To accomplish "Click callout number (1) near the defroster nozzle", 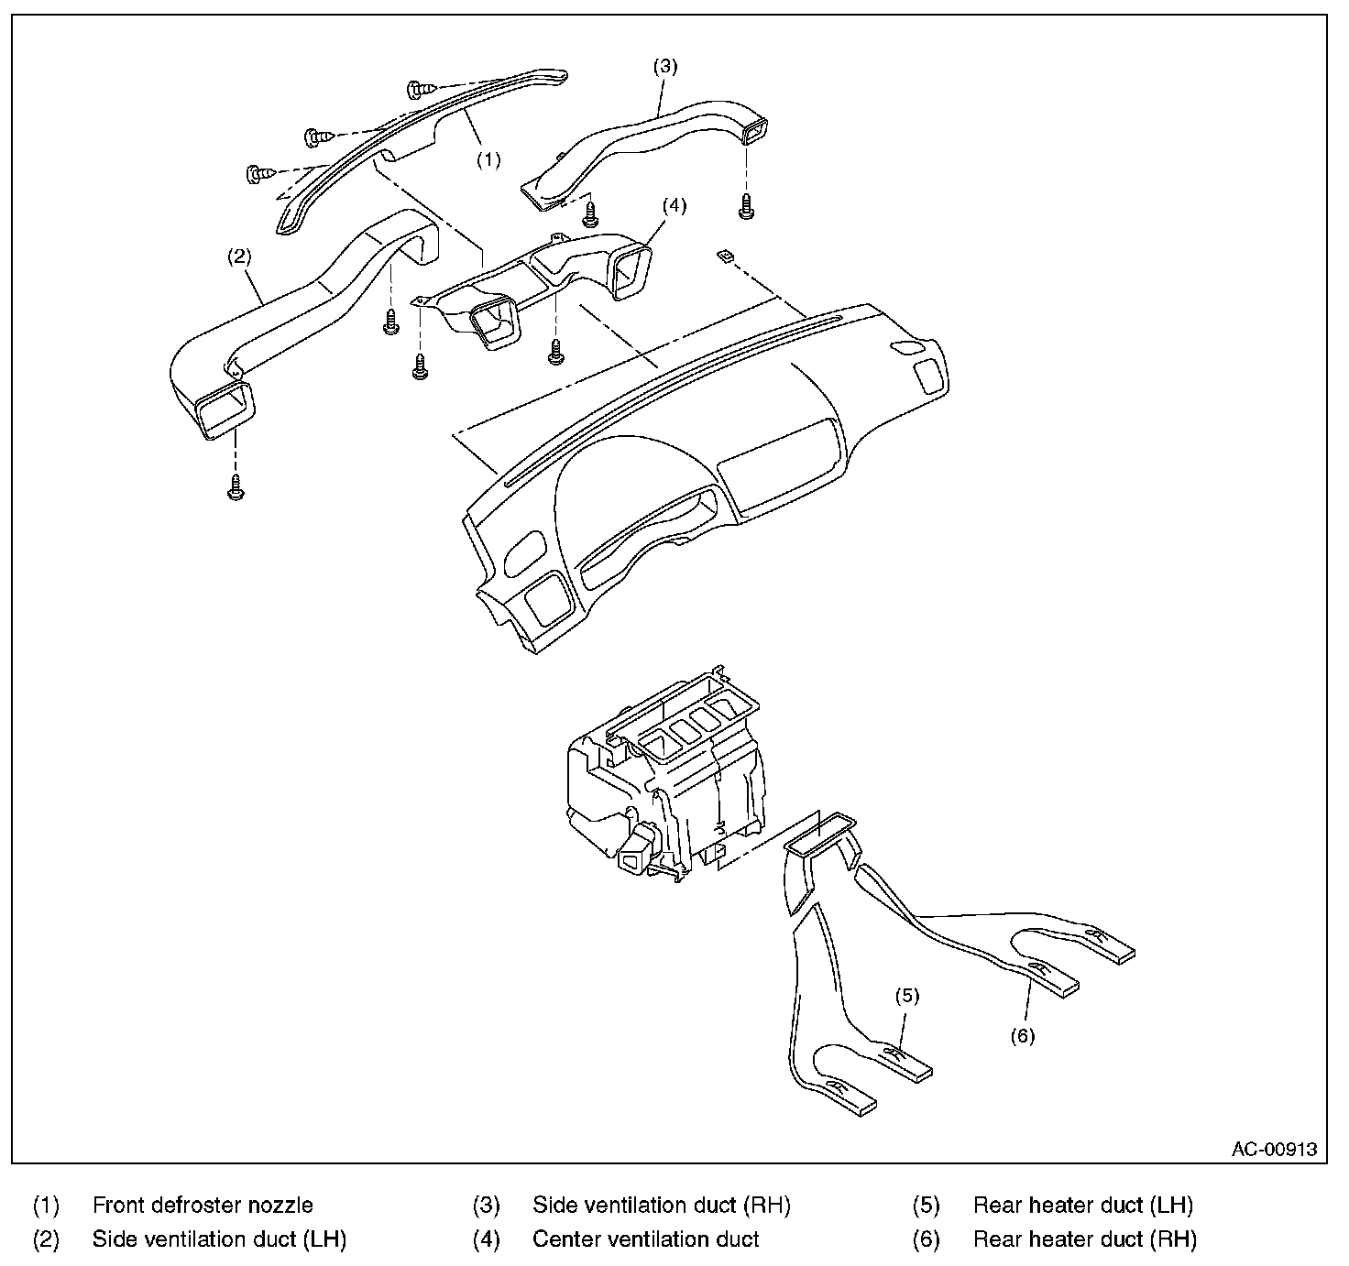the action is [x=488, y=160].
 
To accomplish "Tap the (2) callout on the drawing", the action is [x=239, y=256].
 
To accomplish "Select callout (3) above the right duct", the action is [x=665, y=67].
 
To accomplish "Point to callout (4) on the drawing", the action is [x=674, y=205].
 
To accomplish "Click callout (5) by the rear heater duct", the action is [x=906, y=996].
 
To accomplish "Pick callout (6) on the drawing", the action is [x=1022, y=1036].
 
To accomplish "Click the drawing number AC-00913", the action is [x=1274, y=1149].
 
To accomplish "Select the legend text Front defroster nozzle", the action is [x=203, y=1205].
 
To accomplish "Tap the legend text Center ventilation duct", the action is [x=645, y=1239].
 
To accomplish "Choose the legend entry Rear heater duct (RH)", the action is [x=1085, y=1239].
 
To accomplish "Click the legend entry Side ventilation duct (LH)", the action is [x=219, y=1239].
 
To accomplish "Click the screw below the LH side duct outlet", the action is [x=236, y=487].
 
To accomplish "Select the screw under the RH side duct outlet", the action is [x=746, y=206].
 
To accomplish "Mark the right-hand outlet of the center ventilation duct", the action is [x=631, y=272].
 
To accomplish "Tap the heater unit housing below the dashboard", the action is [x=665, y=773].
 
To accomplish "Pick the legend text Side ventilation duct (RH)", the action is [x=662, y=1205].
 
